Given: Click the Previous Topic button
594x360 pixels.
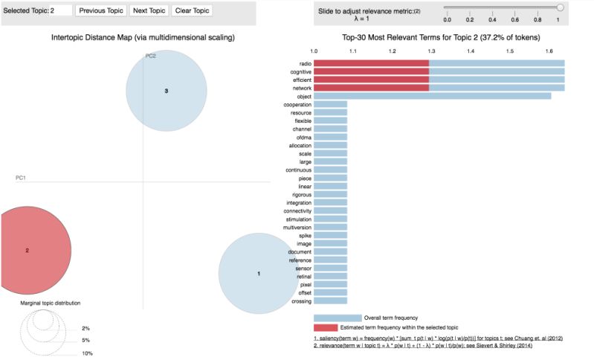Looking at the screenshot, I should point(100,11).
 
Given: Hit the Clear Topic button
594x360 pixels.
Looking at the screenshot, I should point(192,11).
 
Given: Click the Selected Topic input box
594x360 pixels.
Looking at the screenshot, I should point(61,11).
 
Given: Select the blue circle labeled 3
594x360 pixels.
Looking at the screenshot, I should point(166,91).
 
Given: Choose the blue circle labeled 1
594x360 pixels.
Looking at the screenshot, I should point(258,274).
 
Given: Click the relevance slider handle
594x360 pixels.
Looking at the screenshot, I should point(560,7).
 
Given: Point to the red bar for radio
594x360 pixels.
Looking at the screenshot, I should point(371,63).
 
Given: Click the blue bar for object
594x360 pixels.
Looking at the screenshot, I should point(432,96).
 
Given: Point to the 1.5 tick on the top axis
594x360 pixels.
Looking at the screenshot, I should point(510,51).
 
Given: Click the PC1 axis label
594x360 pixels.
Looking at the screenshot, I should point(21,179).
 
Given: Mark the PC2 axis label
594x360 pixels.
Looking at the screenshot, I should point(150,57).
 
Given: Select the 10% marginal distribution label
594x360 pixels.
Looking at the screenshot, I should point(87,353).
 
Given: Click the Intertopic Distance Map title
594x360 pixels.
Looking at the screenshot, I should point(143,37).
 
